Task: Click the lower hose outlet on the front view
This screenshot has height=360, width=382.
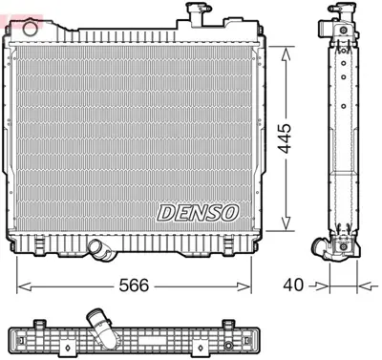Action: [x=98, y=249]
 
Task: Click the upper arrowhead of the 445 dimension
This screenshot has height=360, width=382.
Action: [x=285, y=49]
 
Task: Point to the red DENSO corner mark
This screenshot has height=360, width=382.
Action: [x=8, y=7]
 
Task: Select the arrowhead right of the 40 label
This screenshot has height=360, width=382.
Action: [x=361, y=284]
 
